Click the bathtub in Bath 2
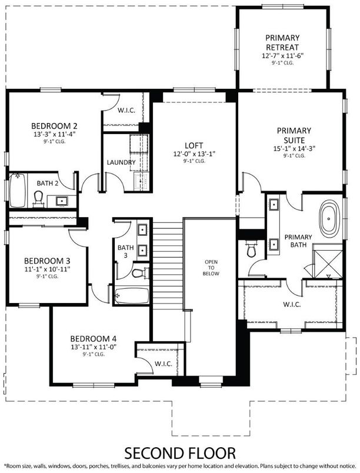(16, 191)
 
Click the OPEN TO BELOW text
(212, 267)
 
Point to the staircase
(168, 252)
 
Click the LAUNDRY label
(121, 162)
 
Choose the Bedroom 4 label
(93, 338)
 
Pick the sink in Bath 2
(61, 201)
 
